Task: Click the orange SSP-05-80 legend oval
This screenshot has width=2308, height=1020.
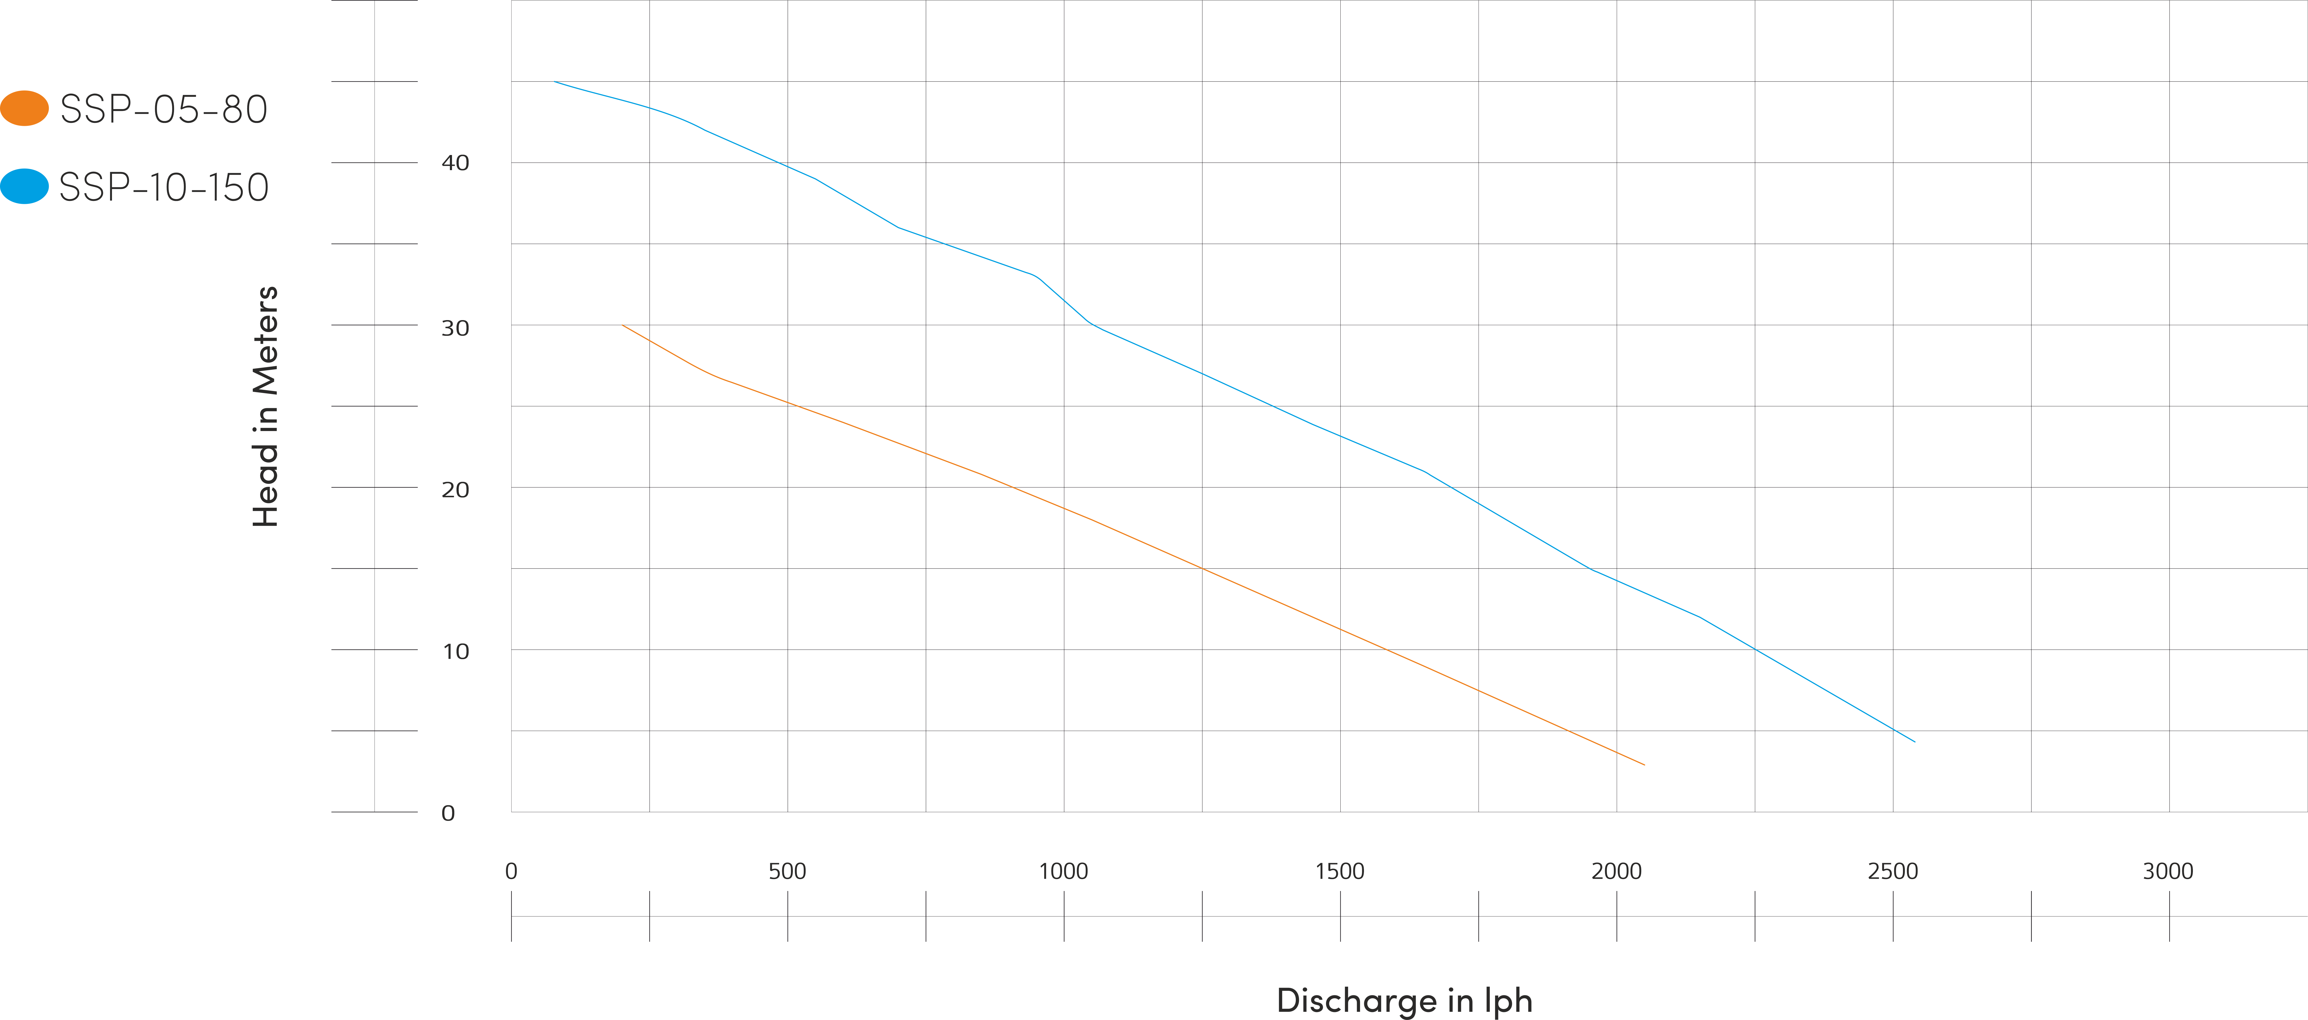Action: (24, 109)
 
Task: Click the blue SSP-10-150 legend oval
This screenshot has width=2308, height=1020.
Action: (24, 186)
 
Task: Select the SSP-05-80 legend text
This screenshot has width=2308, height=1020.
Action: (164, 109)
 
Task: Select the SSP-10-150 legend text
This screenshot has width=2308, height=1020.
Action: (164, 187)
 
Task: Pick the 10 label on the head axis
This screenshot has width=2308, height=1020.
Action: (455, 652)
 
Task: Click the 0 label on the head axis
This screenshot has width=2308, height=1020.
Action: (448, 813)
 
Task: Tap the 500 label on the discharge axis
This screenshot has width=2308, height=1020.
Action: (788, 871)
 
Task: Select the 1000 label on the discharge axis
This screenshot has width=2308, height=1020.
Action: (1063, 871)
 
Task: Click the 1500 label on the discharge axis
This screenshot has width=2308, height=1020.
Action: (1340, 871)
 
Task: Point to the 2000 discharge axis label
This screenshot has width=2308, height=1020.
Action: (1616, 871)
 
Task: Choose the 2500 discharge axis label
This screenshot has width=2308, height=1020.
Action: (1892, 871)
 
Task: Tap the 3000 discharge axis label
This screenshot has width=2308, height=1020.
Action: (2168, 871)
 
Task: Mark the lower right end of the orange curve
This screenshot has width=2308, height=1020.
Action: (1644, 765)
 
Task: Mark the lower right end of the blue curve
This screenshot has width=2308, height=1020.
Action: (1915, 741)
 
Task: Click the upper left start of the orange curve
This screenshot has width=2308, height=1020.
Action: (623, 325)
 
